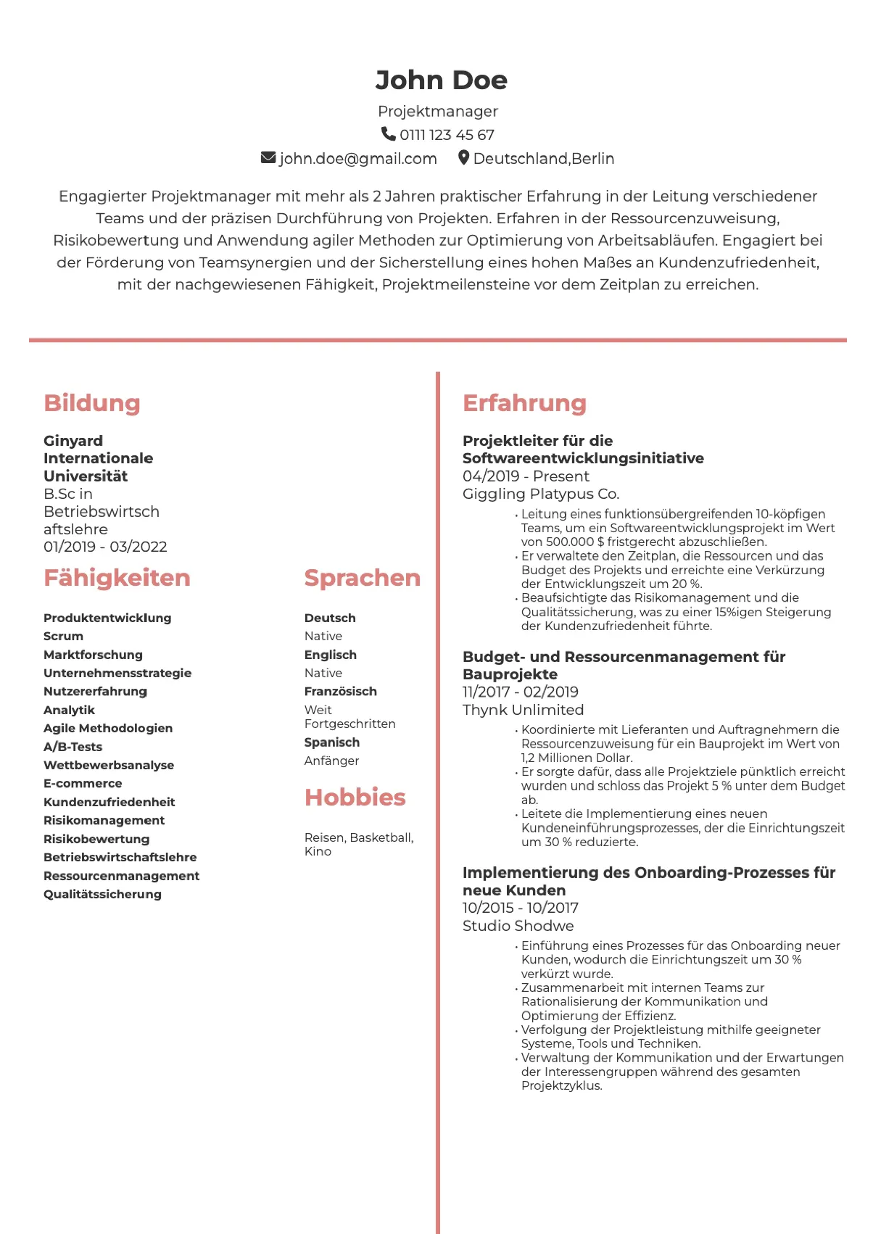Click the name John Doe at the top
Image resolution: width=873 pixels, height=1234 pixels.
[441, 80]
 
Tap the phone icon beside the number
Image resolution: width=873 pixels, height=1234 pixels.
[388, 134]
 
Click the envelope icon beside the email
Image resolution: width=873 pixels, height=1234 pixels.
[268, 157]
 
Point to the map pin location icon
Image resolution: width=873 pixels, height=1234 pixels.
[463, 157]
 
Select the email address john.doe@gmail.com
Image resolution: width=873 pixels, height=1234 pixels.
[357, 159]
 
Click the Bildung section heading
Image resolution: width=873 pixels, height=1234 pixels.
[92, 403]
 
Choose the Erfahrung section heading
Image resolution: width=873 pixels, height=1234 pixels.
[524, 403]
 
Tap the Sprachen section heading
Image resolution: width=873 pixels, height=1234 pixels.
[362, 578]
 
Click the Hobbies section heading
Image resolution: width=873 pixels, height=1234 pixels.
[355, 798]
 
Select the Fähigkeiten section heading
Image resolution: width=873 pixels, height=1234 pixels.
[117, 578]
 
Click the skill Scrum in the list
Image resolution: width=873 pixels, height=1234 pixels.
[63, 636]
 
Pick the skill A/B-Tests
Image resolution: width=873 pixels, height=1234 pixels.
[73, 747]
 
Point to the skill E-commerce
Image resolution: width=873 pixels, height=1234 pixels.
[83, 783]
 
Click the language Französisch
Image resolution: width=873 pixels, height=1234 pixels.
[340, 691]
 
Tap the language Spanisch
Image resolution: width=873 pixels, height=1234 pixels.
[331, 742]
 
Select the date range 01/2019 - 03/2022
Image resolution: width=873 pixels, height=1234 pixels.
[105, 547]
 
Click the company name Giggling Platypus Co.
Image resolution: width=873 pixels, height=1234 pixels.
[541, 494]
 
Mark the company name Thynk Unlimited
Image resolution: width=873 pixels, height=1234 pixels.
[523, 710]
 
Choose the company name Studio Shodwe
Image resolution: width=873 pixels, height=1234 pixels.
[518, 926]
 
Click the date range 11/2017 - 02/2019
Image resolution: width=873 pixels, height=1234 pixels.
[520, 692]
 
